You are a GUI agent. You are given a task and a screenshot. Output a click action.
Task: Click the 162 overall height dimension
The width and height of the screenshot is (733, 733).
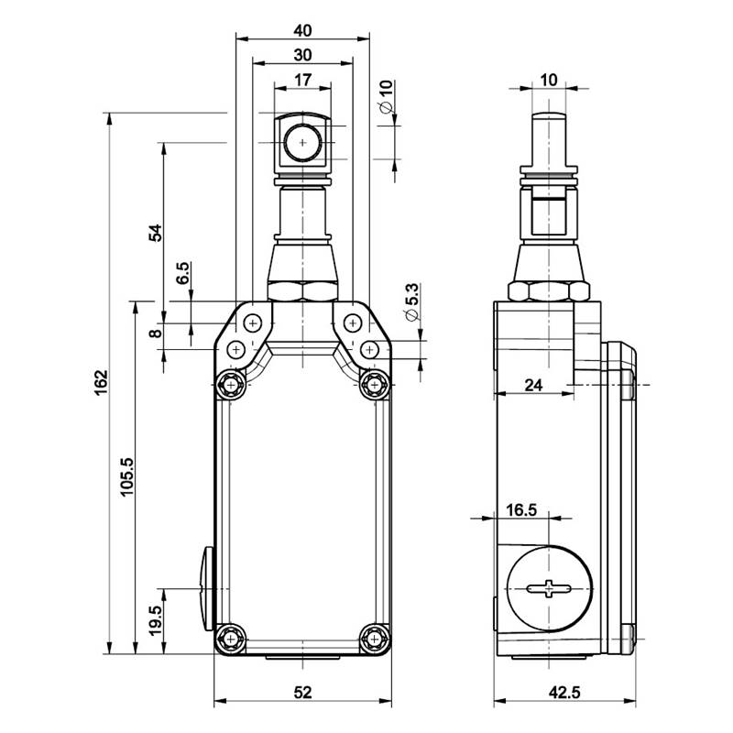click(x=102, y=382)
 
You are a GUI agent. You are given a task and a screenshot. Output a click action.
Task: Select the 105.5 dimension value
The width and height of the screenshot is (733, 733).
click(x=126, y=476)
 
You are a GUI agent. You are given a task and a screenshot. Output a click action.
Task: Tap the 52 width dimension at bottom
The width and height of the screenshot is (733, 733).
click(x=302, y=692)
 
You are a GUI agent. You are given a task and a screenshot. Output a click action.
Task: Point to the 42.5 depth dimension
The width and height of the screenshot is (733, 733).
click(x=564, y=692)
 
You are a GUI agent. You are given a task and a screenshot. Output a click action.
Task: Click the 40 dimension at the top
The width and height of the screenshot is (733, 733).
click(x=302, y=31)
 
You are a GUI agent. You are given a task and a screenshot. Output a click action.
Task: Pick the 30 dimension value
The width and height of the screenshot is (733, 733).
click(x=302, y=55)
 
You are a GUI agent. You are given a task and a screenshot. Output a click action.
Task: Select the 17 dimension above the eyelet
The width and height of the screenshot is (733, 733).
click(x=302, y=80)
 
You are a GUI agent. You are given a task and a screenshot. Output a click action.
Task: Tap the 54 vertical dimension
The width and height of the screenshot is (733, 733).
click(x=155, y=233)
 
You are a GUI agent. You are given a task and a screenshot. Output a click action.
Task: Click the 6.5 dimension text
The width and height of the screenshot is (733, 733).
click(x=182, y=273)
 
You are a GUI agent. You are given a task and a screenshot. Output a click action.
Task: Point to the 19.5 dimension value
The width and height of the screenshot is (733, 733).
click(x=155, y=620)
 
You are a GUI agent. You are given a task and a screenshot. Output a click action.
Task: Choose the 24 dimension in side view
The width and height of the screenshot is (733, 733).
click(x=533, y=385)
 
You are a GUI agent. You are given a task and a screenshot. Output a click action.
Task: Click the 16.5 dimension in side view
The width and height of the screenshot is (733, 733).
click(x=521, y=509)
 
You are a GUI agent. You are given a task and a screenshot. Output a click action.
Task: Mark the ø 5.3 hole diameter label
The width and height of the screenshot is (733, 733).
click(x=413, y=302)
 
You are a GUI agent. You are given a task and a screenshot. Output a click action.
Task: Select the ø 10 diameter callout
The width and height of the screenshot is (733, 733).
click(x=386, y=97)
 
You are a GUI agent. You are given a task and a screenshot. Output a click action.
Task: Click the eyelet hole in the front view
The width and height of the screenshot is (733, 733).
click(x=302, y=142)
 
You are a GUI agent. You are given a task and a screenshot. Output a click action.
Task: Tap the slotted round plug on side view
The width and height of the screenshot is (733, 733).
click(x=549, y=588)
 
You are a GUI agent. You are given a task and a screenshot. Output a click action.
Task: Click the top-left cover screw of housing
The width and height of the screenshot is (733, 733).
click(x=230, y=385)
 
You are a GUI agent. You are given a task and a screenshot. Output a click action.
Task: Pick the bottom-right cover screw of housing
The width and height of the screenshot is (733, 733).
click(x=374, y=639)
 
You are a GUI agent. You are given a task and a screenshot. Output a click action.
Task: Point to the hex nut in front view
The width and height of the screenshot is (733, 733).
click(x=302, y=291)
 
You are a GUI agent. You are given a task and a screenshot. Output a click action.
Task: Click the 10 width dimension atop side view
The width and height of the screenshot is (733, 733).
click(x=549, y=80)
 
